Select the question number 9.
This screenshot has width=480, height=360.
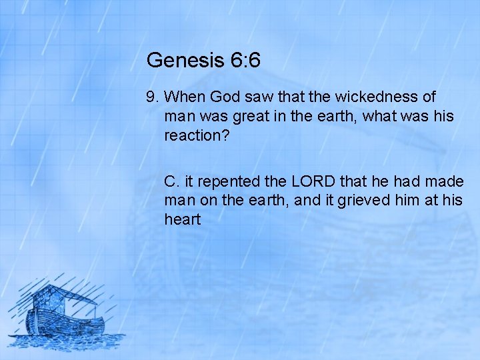pyautogui.click(x=151, y=97)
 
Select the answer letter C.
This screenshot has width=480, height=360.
pyautogui.click(x=172, y=181)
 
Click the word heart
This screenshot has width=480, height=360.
pyautogui.click(x=182, y=219)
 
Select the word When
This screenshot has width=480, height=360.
pyautogui.click(x=182, y=97)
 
